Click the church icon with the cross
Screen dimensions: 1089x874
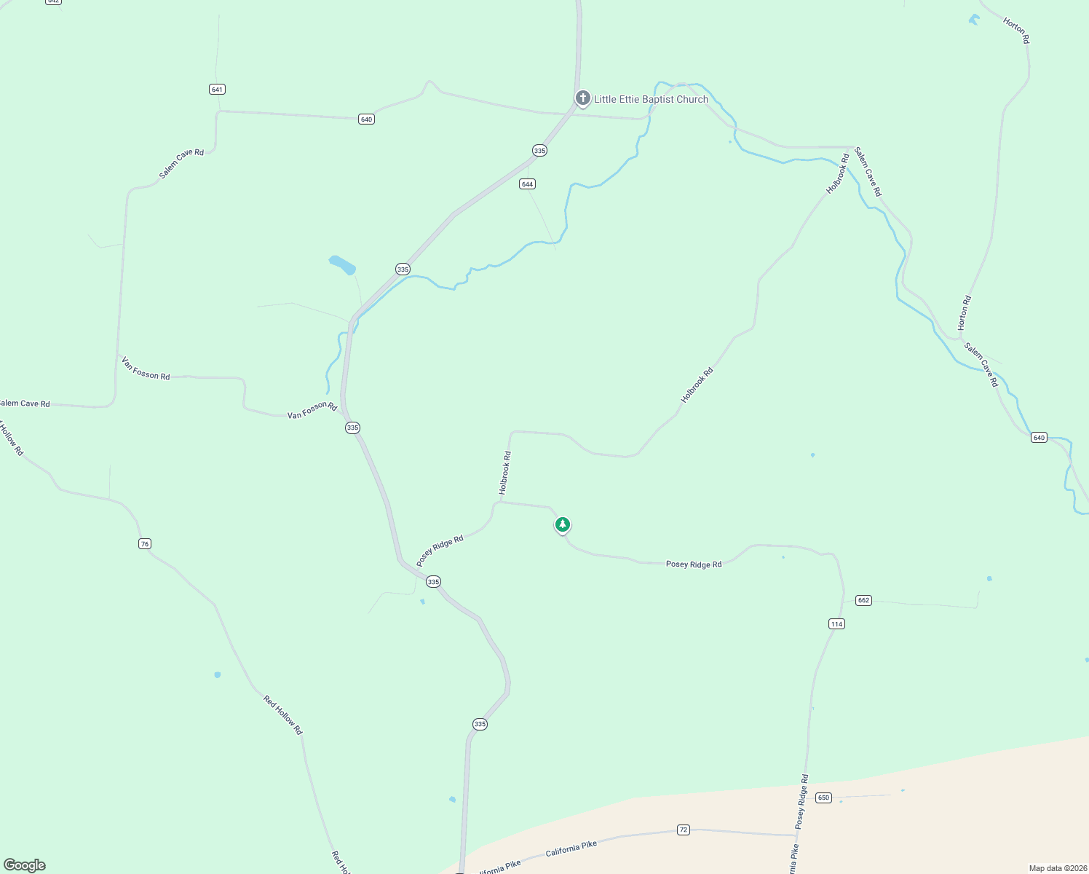582,98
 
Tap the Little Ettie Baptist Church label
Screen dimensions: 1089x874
651,99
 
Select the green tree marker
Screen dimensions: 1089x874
562,524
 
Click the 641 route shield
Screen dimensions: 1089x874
217,89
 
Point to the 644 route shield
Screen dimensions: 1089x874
527,184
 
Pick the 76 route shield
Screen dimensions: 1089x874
145,544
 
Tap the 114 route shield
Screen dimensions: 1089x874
836,623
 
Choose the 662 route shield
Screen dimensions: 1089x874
863,600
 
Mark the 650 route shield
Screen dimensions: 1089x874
823,798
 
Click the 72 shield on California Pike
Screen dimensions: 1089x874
683,830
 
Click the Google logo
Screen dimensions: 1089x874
25,865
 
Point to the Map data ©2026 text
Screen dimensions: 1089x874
1056,868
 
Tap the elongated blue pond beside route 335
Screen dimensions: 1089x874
342,264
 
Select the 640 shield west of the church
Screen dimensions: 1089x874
366,119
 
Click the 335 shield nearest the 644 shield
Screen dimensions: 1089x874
539,151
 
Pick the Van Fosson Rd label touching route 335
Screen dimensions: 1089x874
312,411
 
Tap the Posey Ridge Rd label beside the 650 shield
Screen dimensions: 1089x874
802,801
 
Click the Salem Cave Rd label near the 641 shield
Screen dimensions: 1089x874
182,164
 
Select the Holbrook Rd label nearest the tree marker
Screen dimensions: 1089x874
505,473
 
